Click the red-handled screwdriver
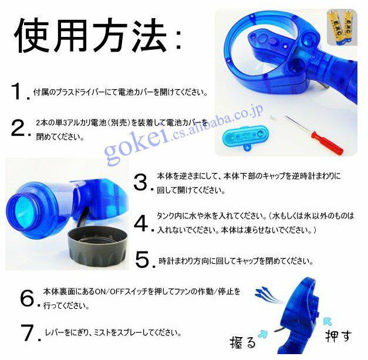point(314,134)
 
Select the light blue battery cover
point(245,137)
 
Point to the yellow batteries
point(342,28)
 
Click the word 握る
point(242,343)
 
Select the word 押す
point(339,335)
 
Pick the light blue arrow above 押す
point(328,321)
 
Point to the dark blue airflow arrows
point(268,294)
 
